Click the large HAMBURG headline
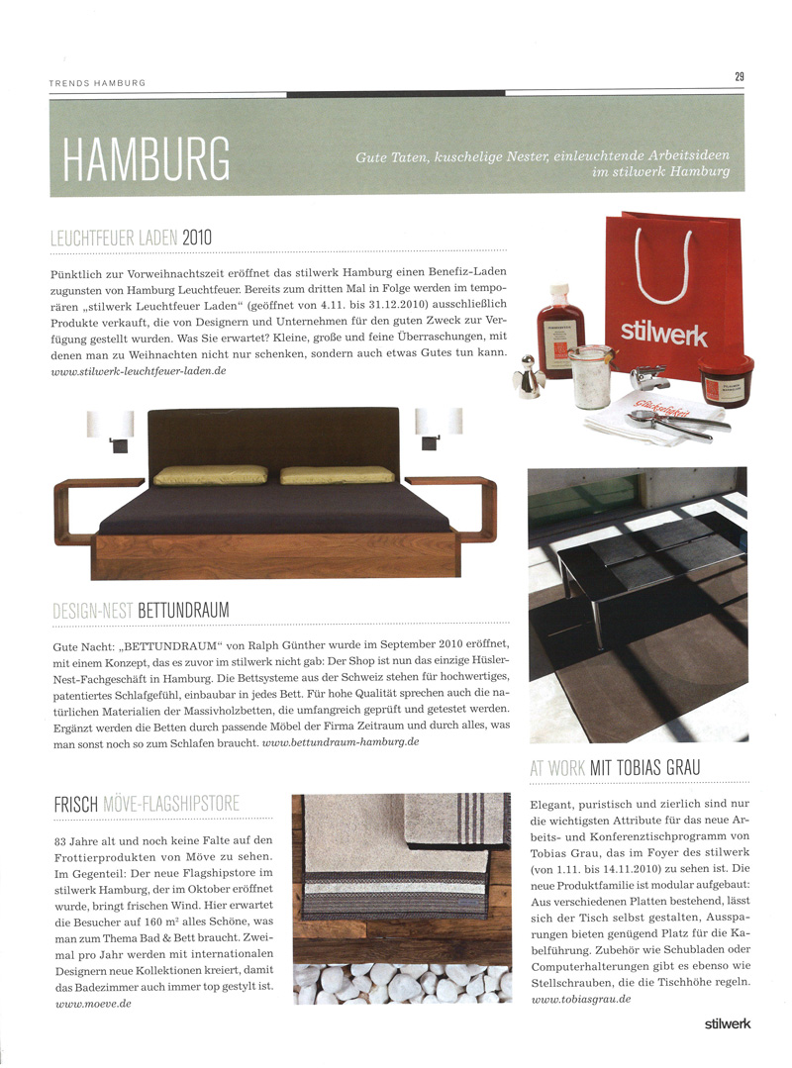click(x=146, y=157)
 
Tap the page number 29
click(x=739, y=76)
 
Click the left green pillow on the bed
click(x=210, y=474)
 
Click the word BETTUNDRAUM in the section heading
click(x=183, y=611)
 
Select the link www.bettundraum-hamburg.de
click(x=354, y=740)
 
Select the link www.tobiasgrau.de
click(x=581, y=1000)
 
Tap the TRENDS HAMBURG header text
click(x=97, y=82)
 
